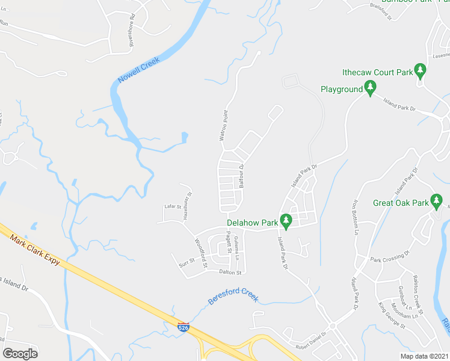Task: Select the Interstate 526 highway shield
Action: tap(183, 327)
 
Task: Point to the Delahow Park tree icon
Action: tap(287, 221)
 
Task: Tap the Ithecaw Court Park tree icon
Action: tap(421, 72)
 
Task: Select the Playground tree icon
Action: tap(371, 89)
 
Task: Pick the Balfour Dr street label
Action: tap(241, 177)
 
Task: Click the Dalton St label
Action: tap(230, 273)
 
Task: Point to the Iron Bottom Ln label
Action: tap(356, 217)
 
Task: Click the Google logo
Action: tap(19, 353)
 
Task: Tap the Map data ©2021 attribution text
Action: tap(424, 356)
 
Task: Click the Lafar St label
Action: tap(172, 207)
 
